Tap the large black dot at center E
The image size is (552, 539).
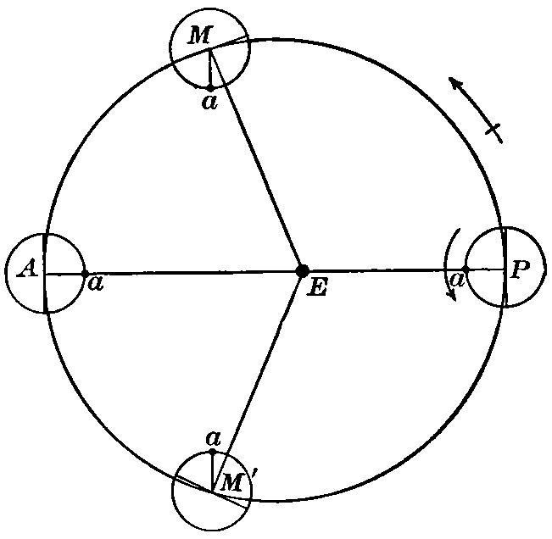[x=302, y=271]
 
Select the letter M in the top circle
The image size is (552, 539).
[x=198, y=36]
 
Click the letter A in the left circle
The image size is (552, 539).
[x=27, y=269]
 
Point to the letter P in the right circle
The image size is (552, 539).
[x=521, y=269]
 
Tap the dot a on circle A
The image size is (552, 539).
[x=85, y=273]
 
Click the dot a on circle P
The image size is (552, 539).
[x=466, y=269]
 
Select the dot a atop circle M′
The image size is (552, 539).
[x=212, y=451]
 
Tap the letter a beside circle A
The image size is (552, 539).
[x=96, y=283]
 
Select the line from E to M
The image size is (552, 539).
[x=255, y=161]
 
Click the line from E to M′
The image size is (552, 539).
[x=257, y=381]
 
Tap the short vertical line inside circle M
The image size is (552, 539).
[x=209, y=68]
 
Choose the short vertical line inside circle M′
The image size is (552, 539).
[x=212, y=470]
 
